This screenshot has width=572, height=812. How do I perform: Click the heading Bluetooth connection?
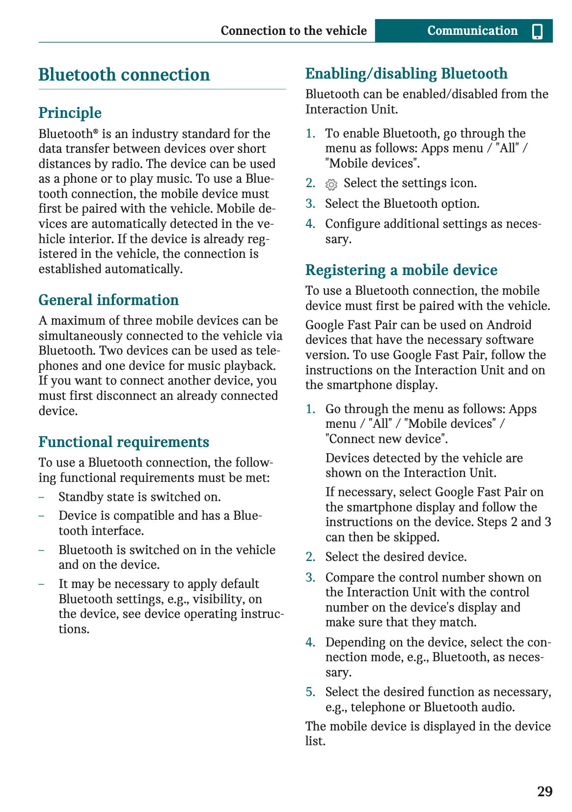coord(124,75)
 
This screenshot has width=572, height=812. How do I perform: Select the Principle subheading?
coord(70,112)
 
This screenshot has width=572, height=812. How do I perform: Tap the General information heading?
coord(109,300)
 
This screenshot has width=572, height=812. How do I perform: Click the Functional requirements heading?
coord(124,442)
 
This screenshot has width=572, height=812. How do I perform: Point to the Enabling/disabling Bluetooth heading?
coord(406,74)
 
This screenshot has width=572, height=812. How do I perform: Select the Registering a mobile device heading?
coord(401,270)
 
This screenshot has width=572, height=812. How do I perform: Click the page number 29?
coord(545,791)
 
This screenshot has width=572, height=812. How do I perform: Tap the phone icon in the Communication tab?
coord(537,31)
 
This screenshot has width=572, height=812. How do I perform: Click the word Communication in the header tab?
coord(472,31)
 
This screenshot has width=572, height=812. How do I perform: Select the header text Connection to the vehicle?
coord(294,31)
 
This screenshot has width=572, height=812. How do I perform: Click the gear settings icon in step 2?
coord(331,184)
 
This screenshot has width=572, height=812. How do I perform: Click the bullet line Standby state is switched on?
coord(139,497)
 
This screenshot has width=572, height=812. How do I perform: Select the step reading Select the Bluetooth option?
coord(402,203)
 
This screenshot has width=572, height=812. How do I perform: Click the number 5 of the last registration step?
coord(310,692)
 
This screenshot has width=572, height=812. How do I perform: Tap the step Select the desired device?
coord(396,557)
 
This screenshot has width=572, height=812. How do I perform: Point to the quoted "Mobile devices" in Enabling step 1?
coord(372,163)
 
